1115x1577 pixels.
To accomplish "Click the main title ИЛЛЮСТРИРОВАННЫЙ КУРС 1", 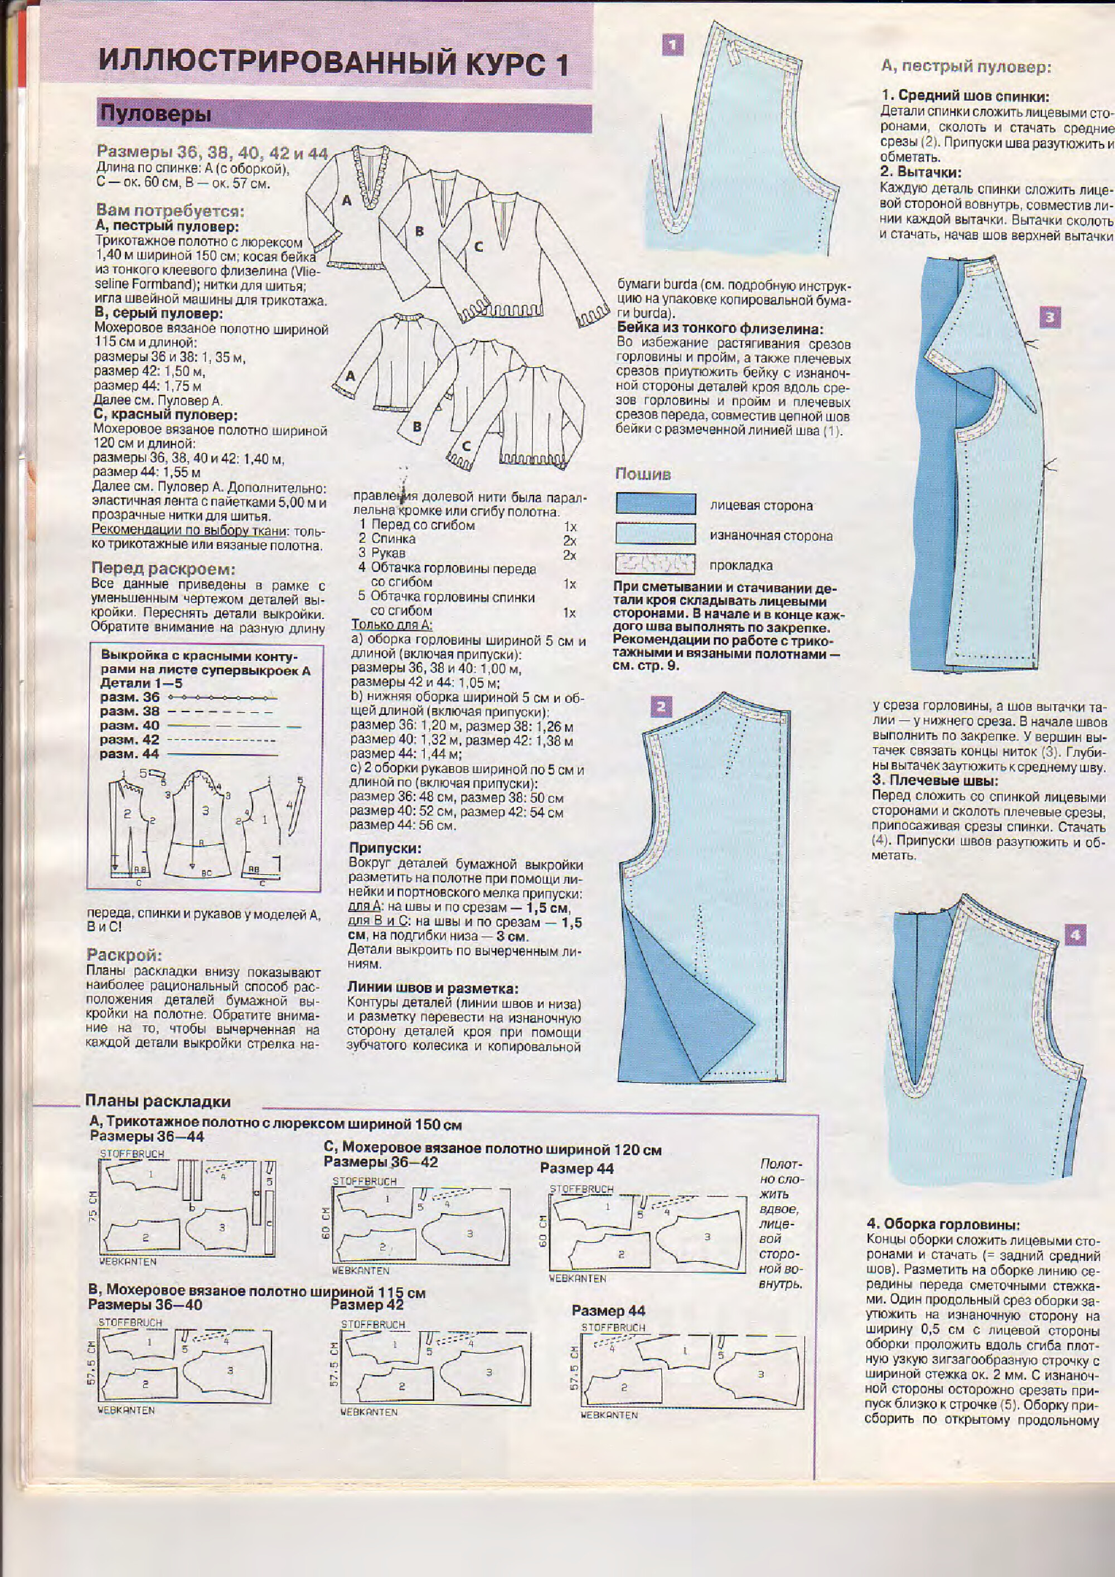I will coord(334,64).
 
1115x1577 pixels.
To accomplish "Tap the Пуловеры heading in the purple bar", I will coord(155,114).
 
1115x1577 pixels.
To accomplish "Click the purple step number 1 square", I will coord(672,45).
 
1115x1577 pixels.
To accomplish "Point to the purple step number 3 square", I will coord(1049,317).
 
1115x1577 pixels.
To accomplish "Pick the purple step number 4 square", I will coord(1075,935).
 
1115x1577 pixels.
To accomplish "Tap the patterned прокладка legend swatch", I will coord(656,564).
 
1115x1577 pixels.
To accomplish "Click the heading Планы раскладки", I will coord(157,1101).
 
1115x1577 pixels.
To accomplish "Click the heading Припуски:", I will coord(385,848).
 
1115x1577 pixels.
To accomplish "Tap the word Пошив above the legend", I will coord(643,474).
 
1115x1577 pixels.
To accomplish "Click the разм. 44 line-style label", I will coord(129,753).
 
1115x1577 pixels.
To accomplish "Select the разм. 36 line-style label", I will coord(129,697).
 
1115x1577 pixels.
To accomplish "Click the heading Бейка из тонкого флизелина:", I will coord(719,328).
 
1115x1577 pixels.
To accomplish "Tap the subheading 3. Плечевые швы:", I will coord(935,780).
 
